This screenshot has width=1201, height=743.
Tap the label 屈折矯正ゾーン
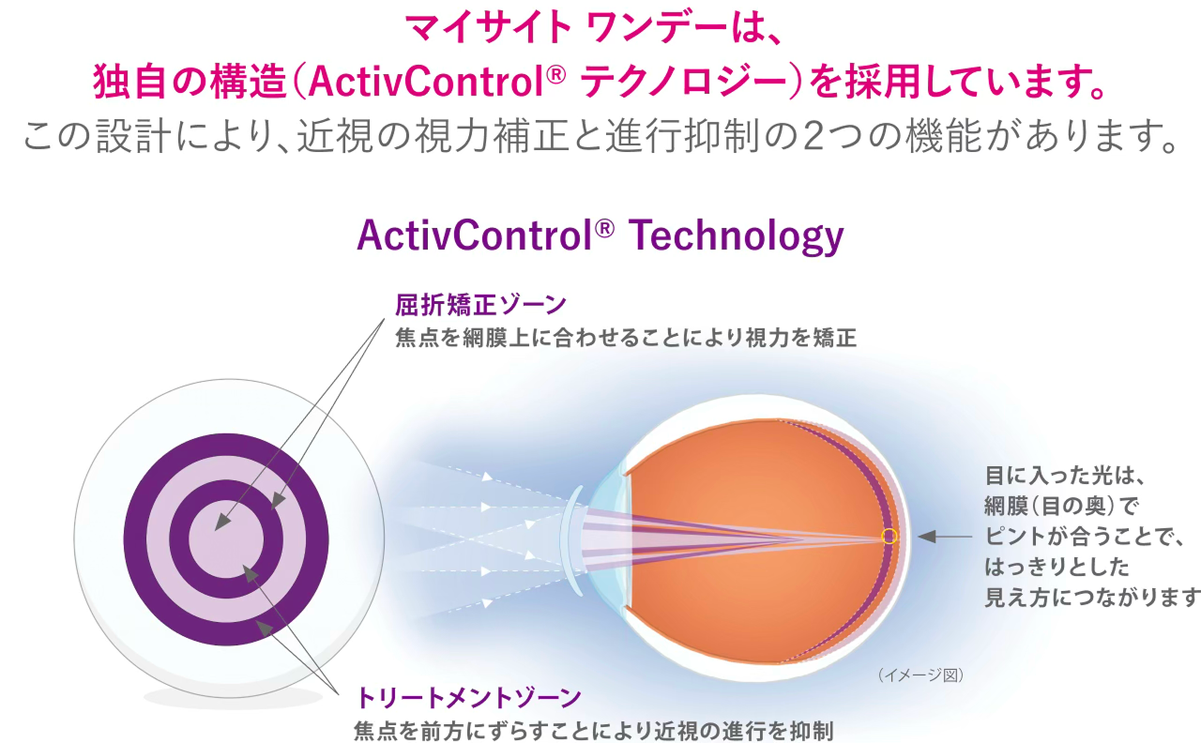tap(481, 305)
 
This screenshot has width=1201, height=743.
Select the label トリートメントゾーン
tap(468, 698)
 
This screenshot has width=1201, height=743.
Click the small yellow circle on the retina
tap(889, 537)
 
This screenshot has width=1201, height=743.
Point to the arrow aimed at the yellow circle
tap(943, 537)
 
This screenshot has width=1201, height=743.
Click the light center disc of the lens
tap(225, 539)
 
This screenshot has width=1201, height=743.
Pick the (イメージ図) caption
tap(920, 675)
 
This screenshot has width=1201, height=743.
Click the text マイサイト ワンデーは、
tap(600, 28)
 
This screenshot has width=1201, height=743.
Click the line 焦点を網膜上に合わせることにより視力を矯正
tap(626, 338)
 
